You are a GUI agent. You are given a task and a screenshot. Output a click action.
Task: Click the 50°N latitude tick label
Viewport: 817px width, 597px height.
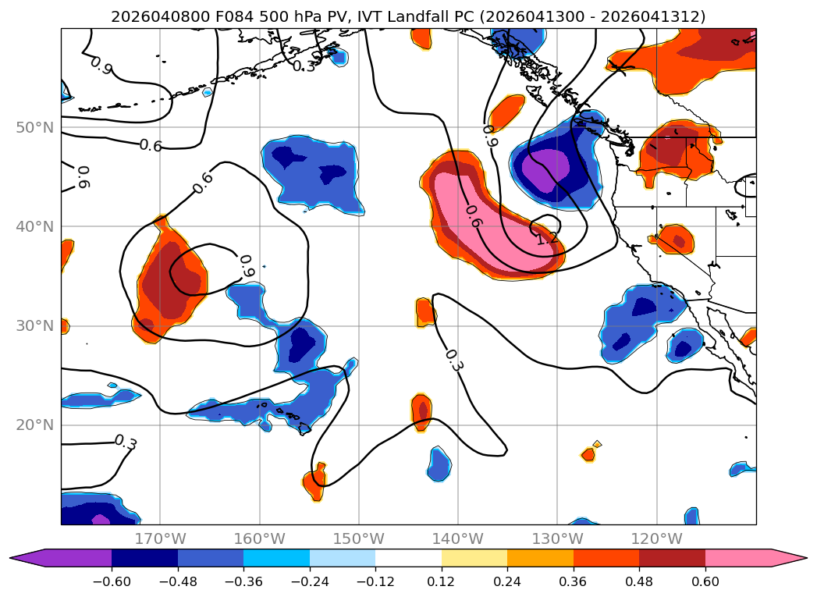click(34, 127)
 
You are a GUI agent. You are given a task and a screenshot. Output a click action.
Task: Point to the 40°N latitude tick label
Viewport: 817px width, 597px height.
click(34, 226)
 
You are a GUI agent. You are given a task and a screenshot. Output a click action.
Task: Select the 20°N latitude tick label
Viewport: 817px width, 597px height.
click(34, 425)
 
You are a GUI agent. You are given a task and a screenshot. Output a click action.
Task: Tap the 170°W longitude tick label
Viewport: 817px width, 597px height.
click(160, 538)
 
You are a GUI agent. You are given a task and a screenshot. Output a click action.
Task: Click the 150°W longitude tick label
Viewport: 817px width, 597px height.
click(358, 538)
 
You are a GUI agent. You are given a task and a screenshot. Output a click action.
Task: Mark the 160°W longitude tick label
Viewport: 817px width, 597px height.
click(259, 538)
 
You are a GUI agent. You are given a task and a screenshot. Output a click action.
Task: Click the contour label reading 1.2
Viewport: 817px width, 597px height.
click(547, 239)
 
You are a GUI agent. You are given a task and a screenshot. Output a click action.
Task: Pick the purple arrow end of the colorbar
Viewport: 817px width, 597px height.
click(27, 557)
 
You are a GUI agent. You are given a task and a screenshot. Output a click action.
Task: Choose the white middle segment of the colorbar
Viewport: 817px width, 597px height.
click(408, 557)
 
